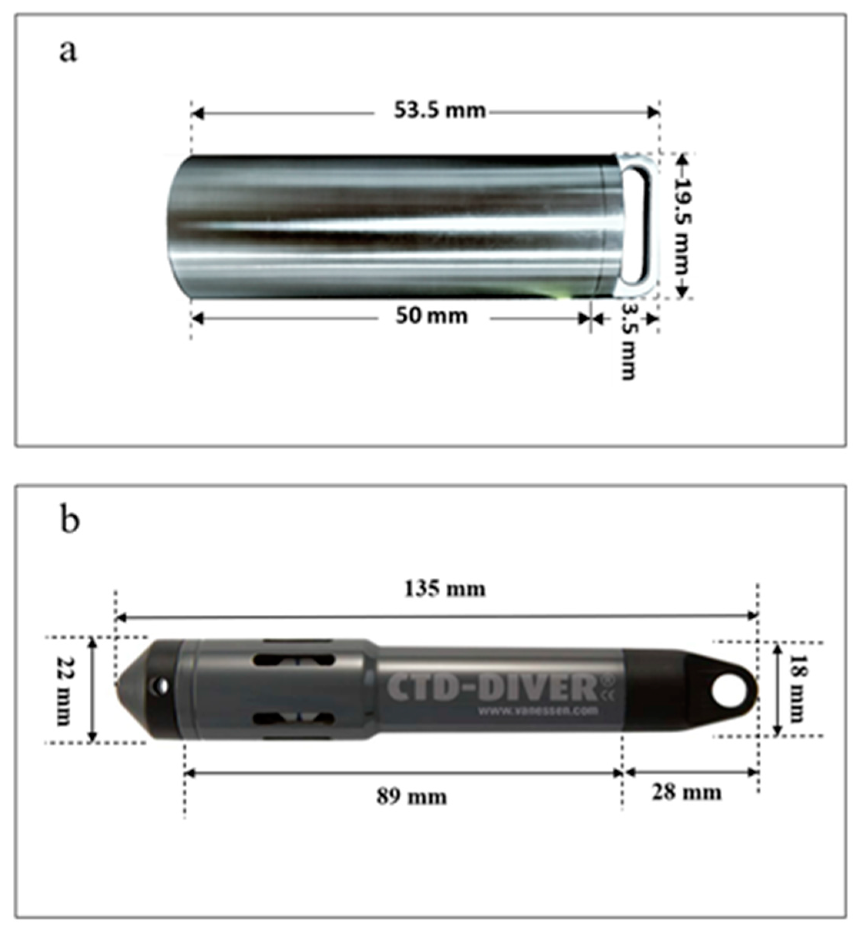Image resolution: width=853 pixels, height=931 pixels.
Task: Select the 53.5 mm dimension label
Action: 440,111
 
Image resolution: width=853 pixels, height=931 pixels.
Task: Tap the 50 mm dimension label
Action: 431,316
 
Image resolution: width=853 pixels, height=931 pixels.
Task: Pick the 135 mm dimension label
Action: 445,589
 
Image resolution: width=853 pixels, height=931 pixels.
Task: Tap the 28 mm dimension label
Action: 686,793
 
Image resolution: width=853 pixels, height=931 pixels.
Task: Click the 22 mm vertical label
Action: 64,690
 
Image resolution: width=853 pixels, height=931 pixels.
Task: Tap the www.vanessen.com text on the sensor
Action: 538,710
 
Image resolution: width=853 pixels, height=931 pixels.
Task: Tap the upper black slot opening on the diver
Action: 293,660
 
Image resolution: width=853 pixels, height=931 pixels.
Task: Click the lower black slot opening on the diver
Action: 293,718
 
